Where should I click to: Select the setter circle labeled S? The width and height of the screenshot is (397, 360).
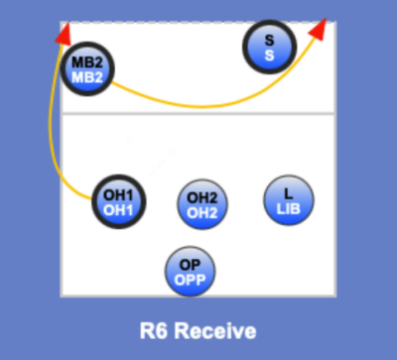pos(269,48)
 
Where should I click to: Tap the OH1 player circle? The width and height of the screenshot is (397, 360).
pos(118,202)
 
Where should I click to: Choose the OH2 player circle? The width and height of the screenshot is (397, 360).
pos(201,204)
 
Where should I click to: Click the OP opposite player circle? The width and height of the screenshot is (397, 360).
pos(190,271)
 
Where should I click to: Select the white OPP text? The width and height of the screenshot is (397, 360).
pos(190,280)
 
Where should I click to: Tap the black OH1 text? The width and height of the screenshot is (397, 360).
pos(118,194)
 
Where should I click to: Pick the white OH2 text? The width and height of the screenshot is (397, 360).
pos(201,212)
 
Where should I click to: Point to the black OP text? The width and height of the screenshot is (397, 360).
pos(190,264)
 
